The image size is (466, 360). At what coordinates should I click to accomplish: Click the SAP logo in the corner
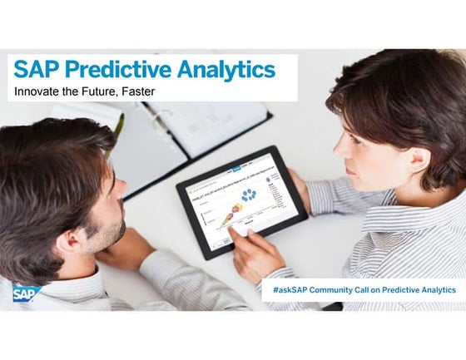[26, 292]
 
